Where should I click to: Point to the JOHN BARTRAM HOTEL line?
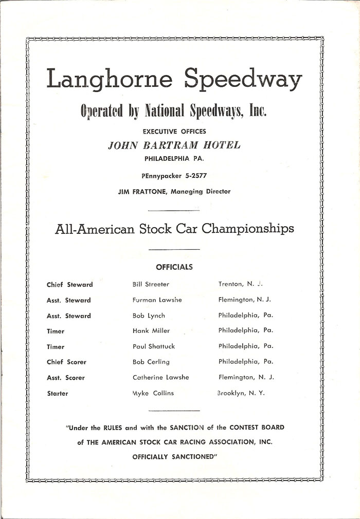click(174, 145)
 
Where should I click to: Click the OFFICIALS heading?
click(174, 267)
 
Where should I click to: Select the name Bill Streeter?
click(151, 284)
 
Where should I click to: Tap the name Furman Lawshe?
click(157, 300)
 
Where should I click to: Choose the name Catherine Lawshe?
click(160, 377)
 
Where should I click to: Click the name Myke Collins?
click(153, 393)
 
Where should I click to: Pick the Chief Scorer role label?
click(66, 362)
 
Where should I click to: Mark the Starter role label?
click(57, 393)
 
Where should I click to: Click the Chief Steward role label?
click(69, 284)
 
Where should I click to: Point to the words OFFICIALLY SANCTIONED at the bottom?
click(174, 456)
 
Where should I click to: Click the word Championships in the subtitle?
click(248, 229)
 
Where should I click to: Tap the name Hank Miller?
click(151, 331)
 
